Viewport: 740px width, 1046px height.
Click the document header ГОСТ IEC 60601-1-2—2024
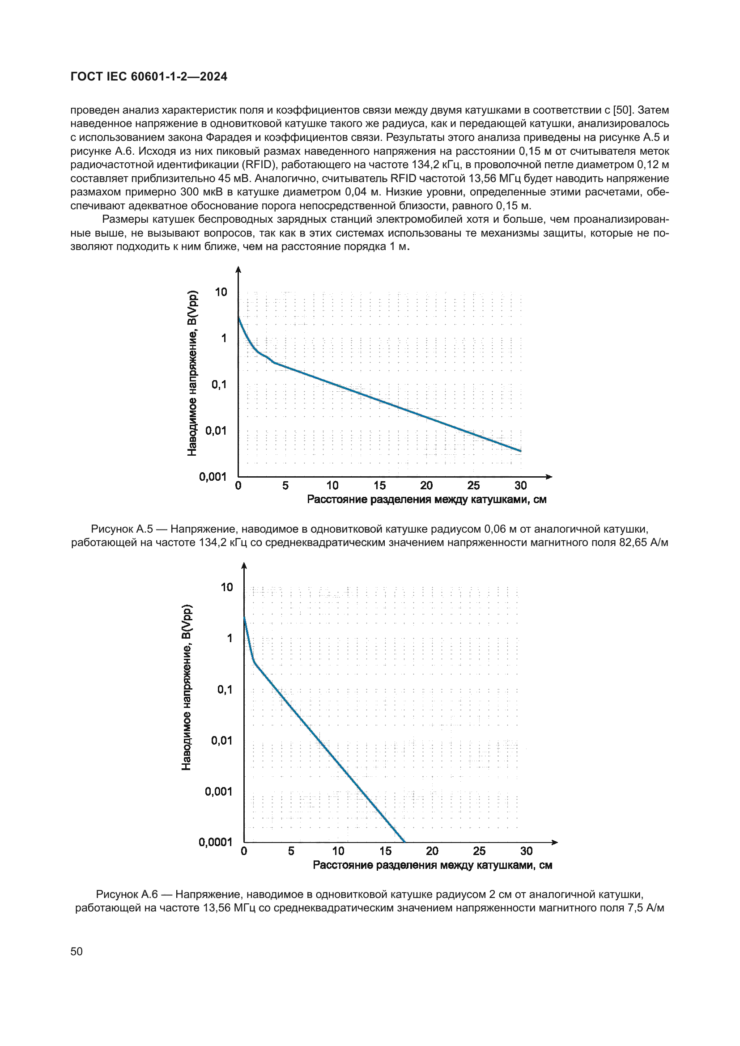pyautogui.click(x=149, y=76)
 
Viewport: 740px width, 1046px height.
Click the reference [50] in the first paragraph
pyautogui.click(x=622, y=110)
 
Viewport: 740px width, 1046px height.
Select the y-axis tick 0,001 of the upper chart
pyautogui.click(x=213, y=477)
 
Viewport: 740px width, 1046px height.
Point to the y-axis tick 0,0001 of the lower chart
pyautogui.click(x=216, y=843)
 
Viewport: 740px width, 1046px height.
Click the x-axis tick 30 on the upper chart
pyautogui.click(x=521, y=486)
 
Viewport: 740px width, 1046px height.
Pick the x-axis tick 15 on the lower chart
pyautogui.click(x=386, y=851)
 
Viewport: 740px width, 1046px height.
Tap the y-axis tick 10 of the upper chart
pyautogui.click(x=221, y=292)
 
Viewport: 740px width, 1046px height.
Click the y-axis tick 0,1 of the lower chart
pyautogui.click(x=225, y=690)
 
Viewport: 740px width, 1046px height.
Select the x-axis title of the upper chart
pyautogui.click(x=426, y=500)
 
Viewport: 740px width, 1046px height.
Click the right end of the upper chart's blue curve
pyautogui.click(x=521, y=451)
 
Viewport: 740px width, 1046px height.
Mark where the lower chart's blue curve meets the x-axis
pyautogui.click(x=404, y=842)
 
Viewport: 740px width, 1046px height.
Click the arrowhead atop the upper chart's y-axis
pyautogui.click(x=238, y=270)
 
